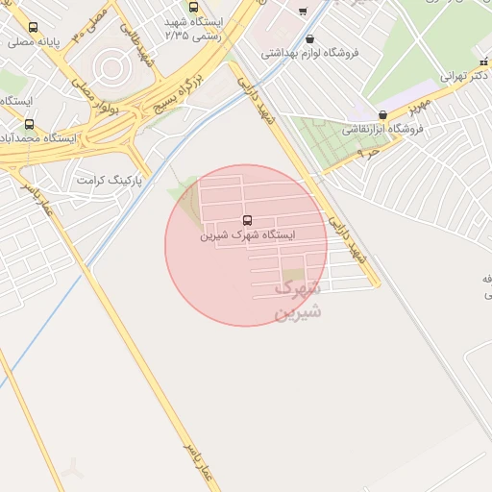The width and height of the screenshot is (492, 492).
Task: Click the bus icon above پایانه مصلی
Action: (34, 28)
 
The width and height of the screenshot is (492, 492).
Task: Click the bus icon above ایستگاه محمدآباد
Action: (29, 124)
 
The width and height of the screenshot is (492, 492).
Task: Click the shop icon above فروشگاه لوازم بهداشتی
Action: (309, 39)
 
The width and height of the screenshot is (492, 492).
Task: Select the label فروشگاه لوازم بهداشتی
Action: (316, 53)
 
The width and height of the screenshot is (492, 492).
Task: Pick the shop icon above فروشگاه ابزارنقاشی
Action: (382, 115)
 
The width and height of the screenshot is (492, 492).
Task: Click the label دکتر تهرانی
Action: (467, 74)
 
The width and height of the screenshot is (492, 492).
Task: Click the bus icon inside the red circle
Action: (248, 220)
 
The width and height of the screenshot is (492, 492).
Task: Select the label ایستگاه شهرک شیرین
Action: (248, 234)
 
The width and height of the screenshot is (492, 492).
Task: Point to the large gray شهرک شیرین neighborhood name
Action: (298, 299)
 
